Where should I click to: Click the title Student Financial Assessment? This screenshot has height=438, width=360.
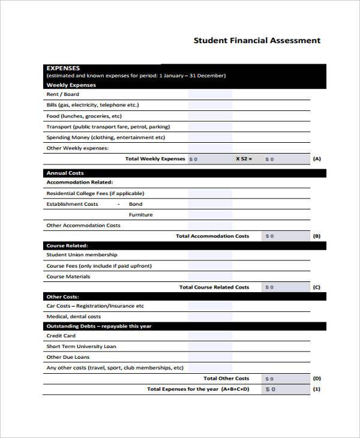pos(257,41)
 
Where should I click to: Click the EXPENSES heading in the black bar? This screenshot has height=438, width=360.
pos(63,68)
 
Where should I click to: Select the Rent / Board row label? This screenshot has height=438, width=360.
pos(62,94)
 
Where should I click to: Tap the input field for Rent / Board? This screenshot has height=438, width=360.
pos(209,94)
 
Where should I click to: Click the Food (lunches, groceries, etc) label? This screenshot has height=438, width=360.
pos(84,116)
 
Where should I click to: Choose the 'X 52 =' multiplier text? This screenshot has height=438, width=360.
pos(244,159)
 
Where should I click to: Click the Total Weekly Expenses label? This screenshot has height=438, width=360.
pos(155,159)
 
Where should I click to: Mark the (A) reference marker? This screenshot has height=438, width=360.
pos(317,159)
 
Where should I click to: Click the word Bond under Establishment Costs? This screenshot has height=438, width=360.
pos(136,204)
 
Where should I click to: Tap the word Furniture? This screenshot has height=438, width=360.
pos(140,215)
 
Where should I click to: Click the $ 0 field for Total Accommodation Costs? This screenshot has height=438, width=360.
pos(287,236)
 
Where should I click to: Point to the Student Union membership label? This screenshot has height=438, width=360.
pos(82,255)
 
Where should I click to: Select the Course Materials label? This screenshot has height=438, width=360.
pos(68,277)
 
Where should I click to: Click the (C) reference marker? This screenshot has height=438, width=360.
pos(317,287)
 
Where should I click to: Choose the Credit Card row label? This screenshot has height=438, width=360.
pos(61,336)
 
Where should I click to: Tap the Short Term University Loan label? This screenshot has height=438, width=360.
pos(82,347)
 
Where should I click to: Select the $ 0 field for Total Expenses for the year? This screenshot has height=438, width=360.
pos(287,389)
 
